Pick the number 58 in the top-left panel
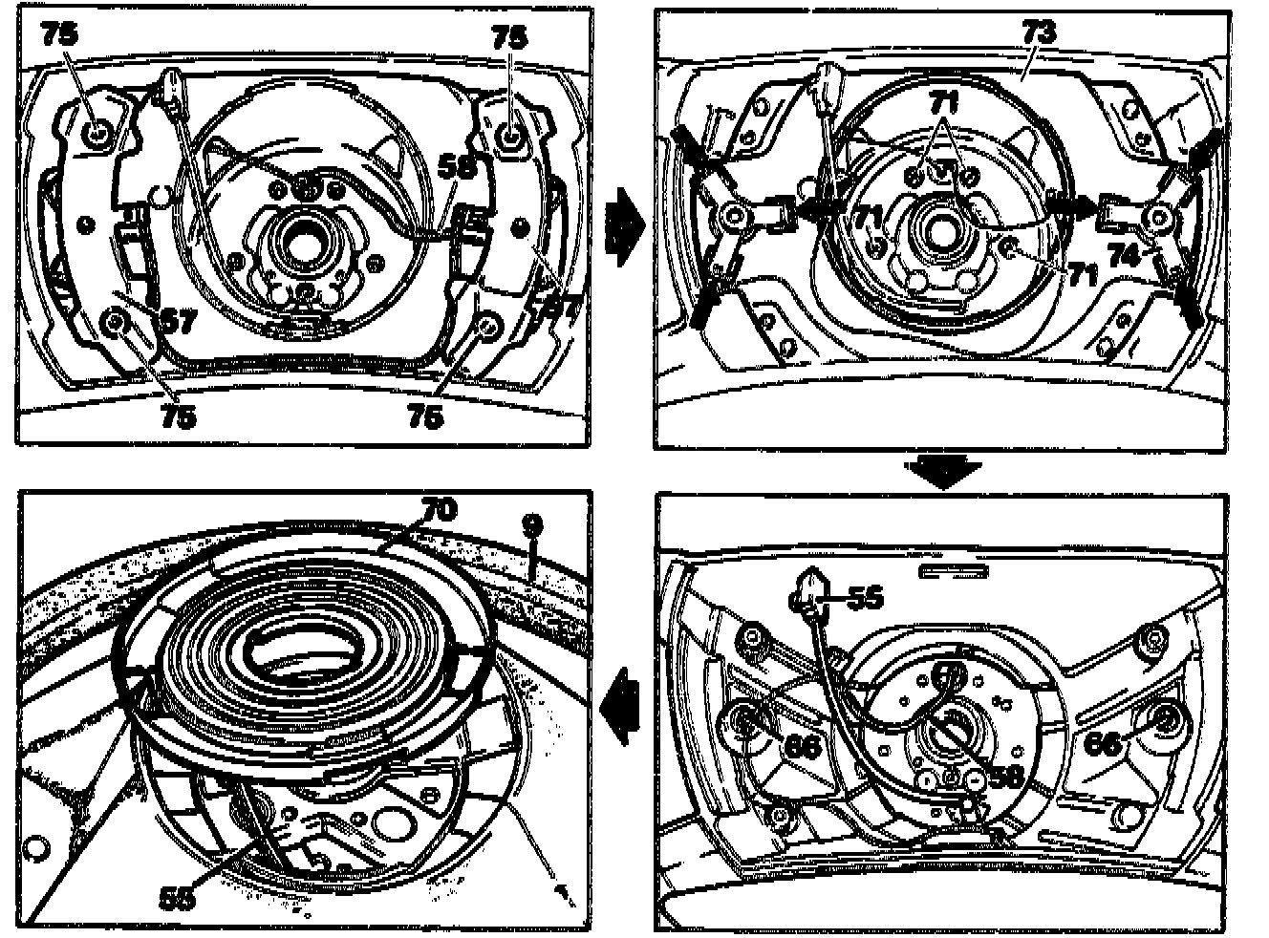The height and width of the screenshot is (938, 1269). [456, 166]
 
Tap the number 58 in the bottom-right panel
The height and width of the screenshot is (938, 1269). [1005, 776]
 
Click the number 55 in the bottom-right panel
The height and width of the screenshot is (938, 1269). [865, 598]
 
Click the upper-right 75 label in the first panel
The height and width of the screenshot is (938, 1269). [508, 37]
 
